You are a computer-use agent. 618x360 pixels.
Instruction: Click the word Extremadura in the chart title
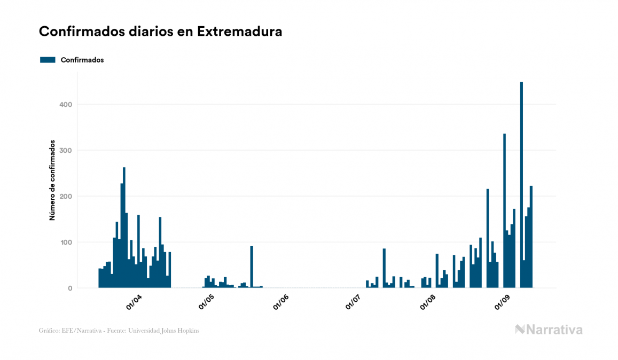coord(239,32)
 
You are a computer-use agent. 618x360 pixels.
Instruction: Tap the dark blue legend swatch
coord(48,60)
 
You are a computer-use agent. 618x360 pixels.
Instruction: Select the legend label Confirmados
coord(82,60)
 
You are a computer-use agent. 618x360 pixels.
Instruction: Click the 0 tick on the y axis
coord(69,288)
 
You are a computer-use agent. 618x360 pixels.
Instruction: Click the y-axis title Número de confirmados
coord(52,181)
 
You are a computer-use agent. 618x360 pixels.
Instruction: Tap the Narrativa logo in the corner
coord(549,330)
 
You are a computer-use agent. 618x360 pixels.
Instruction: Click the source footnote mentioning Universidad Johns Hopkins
coord(119,331)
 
